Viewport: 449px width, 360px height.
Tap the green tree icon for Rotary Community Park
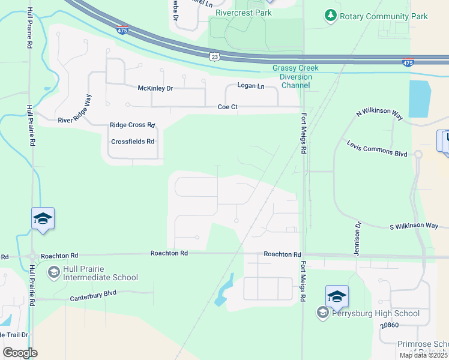pos(330,16)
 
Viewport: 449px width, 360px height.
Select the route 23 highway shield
pos(214,56)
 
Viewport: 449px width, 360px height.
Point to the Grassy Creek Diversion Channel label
pos(292,77)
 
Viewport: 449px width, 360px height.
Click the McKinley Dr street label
pos(155,88)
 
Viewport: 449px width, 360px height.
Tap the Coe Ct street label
pos(228,107)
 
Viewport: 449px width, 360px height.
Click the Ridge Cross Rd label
pos(132,125)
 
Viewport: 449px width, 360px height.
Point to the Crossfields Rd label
pos(133,142)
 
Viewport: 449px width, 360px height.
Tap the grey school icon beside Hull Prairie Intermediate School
pos(54,272)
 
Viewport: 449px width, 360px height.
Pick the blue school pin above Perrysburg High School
pos(337,296)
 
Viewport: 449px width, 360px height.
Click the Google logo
pos(20,353)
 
